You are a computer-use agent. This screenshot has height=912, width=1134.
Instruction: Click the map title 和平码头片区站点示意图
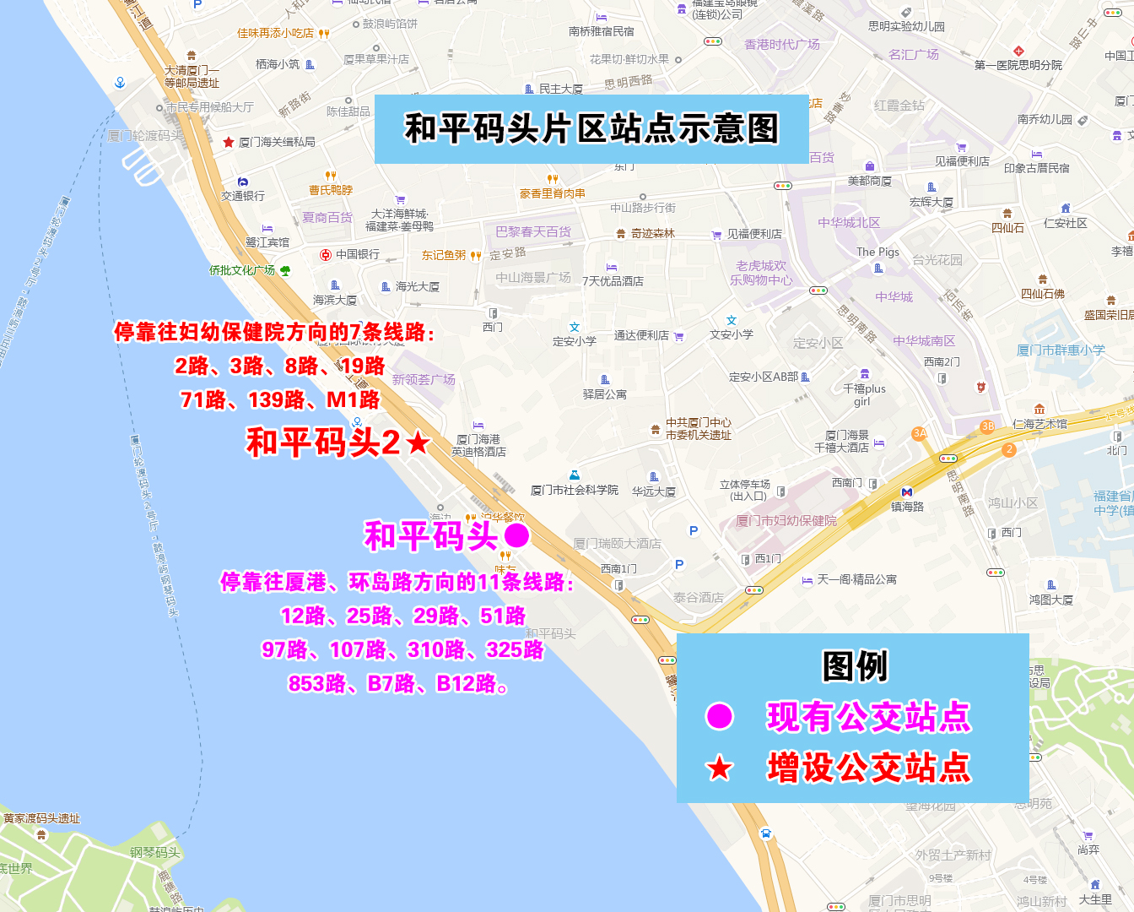(x=591, y=129)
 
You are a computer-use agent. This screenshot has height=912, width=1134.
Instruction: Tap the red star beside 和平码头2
(x=418, y=442)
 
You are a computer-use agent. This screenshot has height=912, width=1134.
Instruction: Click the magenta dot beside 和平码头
(x=516, y=535)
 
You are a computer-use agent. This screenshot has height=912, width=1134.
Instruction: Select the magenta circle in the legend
(x=720, y=716)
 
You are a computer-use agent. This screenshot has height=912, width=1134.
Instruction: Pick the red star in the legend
(x=720, y=768)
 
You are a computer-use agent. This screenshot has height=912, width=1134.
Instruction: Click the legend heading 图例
(x=855, y=666)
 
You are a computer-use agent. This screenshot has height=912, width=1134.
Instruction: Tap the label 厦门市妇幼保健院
(x=786, y=521)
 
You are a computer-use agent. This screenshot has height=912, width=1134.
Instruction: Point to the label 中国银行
(x=358, y=254)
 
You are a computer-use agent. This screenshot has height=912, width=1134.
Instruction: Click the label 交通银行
(x=243, y=196)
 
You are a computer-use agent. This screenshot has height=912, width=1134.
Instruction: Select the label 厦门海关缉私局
(x=277, y=142)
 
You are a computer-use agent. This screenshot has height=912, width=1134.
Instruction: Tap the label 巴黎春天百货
(x=533, y=231)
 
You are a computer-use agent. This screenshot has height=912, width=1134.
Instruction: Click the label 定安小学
(x=575, y=341)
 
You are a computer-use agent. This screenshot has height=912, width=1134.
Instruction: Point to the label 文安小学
(x=732, y=334)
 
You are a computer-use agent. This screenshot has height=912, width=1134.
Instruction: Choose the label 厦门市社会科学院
(x=575, y=490)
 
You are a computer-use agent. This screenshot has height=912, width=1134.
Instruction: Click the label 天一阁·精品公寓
(x=856, y=579)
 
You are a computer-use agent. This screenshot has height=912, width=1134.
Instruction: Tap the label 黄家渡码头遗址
(x=41, y=818)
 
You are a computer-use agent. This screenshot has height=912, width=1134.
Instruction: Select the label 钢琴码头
(x=155, y=852)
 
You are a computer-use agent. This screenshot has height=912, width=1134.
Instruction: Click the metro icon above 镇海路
(x=907, y=491)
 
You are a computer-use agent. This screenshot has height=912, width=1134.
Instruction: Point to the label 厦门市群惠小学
(x=1061, y=350)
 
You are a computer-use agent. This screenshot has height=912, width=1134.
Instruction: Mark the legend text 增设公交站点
(x=869, y=768)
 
